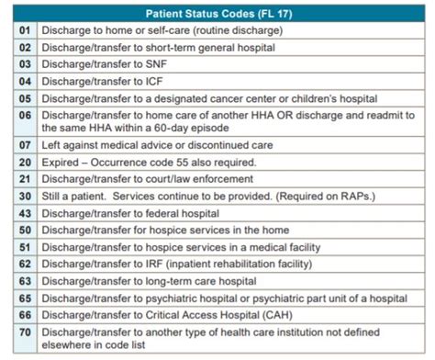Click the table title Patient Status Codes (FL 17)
[x=217, y=15]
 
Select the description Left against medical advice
[x=122, y=146]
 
